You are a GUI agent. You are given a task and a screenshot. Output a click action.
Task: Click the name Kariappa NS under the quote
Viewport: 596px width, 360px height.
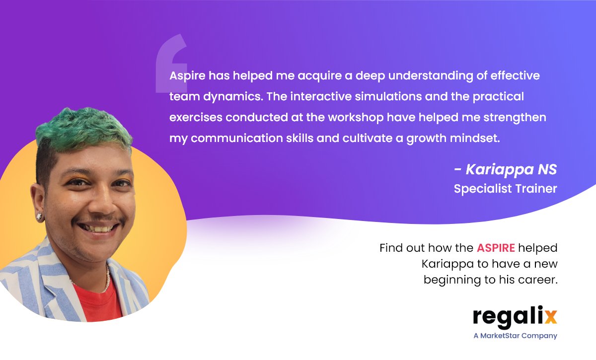tap(511, 170)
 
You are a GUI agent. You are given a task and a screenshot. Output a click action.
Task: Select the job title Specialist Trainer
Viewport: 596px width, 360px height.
tap(505, 189)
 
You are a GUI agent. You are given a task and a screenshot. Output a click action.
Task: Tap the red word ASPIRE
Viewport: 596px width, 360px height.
tap(495, 248)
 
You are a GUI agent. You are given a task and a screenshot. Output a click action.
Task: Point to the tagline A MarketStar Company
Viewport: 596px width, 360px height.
tap(515, 336)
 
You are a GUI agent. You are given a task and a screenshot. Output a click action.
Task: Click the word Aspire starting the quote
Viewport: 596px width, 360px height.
tap(187, 76)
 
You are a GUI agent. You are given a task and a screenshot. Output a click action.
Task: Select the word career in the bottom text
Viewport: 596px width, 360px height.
tap(539, 280)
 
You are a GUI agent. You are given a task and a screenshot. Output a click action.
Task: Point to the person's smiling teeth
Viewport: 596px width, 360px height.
tap(100, 229)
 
